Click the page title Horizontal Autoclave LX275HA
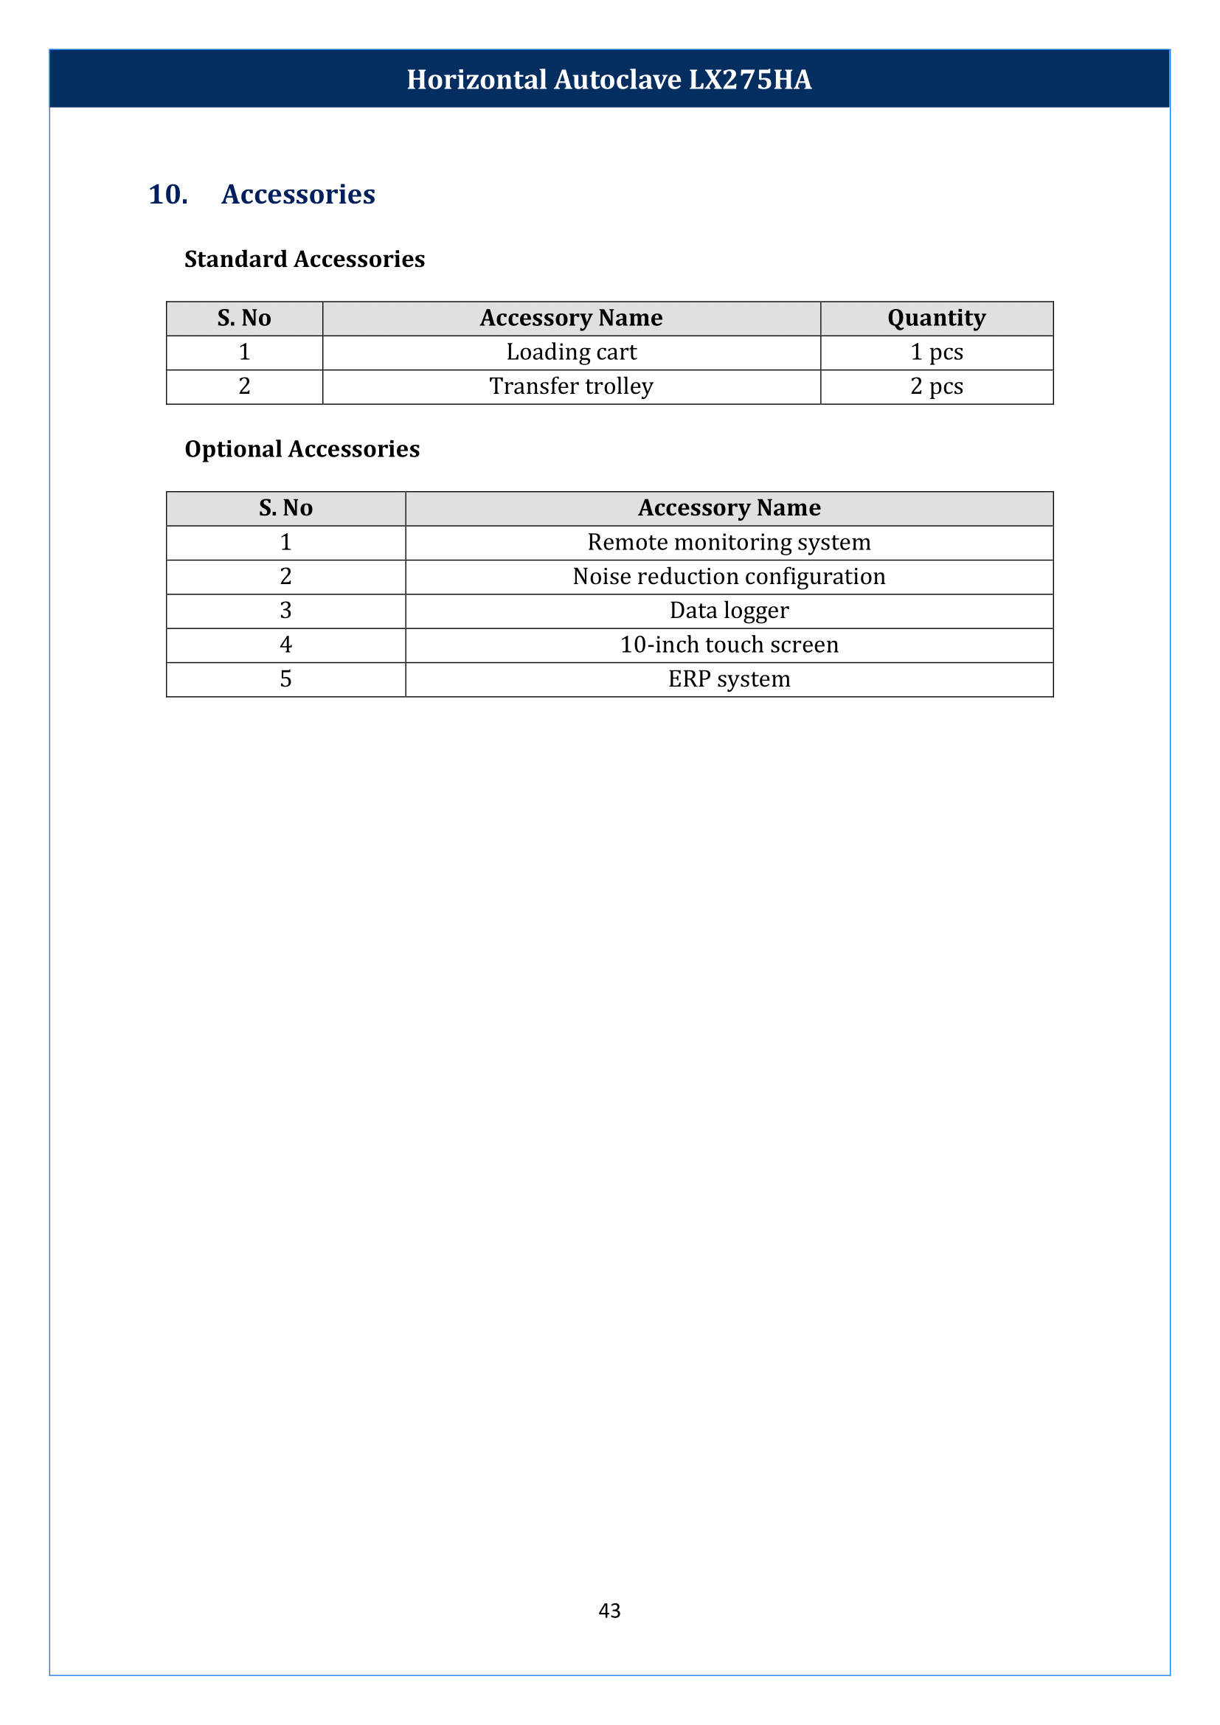[609, 80]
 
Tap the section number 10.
[167, 195]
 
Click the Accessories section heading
[298, 195]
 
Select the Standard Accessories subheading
[304, 259]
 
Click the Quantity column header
[936, 319]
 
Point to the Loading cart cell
[571, 353]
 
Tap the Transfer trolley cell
[571, 386]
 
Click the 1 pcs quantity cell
[936, 353]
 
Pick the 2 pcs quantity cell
[936, 386]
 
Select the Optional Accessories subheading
[302, 449]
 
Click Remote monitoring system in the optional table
[729, 543]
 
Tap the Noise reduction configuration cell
[729, 576]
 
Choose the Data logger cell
[729, 611]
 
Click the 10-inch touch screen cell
[729, 645]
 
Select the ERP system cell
[729, 679]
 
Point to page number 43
[609, 1610]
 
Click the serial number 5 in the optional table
[285, 679]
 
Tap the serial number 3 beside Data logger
[285, 611]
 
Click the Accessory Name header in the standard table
[571, 319]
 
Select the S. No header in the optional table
[285, 509]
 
